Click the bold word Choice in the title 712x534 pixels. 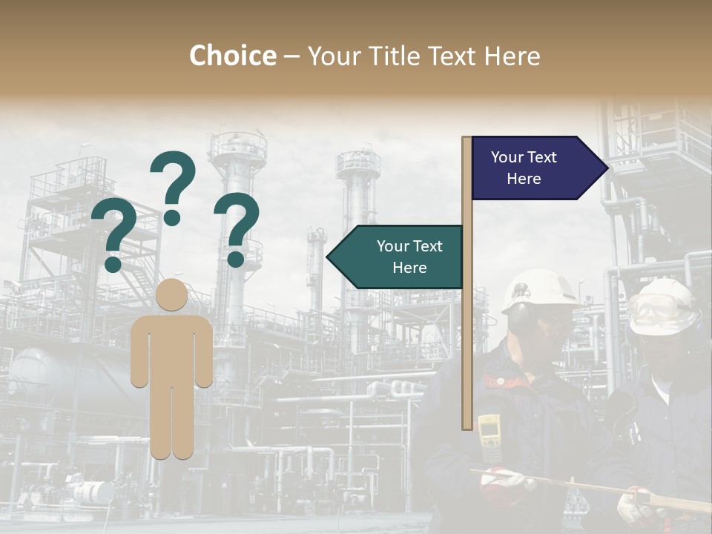coord(232,56)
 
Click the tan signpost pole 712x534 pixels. coord(467,334)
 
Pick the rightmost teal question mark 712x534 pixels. coord(237,228)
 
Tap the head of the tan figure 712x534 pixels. coord(172,294)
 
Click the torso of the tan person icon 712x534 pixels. coord(172,349)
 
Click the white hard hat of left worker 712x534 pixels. coord(539,291)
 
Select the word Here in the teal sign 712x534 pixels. coord(409,268)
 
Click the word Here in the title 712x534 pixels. coord(512,56)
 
